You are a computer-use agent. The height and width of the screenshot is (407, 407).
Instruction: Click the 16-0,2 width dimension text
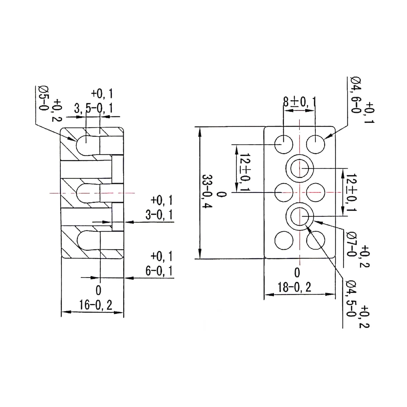click(96, 305)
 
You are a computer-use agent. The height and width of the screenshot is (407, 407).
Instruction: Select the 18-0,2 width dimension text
click(294, 287)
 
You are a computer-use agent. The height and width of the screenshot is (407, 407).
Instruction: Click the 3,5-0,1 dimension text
click(93, 109)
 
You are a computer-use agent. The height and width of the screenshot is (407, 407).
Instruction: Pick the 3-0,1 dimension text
click(159, 215)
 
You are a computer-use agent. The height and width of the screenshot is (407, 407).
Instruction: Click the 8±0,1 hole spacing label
click(299, 101)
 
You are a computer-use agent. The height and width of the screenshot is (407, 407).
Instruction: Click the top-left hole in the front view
click(284, 144)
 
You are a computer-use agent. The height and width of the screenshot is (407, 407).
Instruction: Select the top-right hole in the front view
click(315, 144)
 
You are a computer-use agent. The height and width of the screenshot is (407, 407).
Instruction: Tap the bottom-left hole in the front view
click(284, 240)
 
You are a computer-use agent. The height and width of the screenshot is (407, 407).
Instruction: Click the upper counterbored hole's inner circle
click(299, 168)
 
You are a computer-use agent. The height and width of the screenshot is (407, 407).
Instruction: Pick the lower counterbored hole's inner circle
click(299, 216)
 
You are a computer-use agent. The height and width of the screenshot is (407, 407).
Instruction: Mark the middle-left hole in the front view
click(284, 192)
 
